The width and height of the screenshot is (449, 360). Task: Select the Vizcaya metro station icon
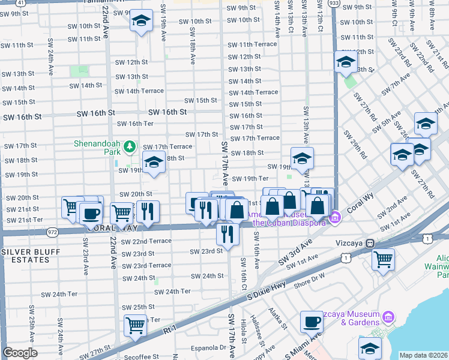pyautogui.click(x=370, y=243)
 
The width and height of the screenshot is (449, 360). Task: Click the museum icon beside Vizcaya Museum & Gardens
pyautogui.click(x=388, y=316)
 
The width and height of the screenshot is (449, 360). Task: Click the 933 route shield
pyautogui.click(x=334, y=4)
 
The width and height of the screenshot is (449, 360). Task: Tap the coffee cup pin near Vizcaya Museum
pyautogui.click(x=312, y=322)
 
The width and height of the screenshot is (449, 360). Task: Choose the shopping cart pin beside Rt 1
pyautogui.click(x=136, y=325)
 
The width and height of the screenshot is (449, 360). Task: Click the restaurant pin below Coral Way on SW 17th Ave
pyautogui.click(x=227, y=233)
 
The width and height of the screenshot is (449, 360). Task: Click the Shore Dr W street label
pyautogui.click(x=309, y=275)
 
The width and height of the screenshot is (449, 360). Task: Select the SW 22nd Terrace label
pyautogui.click(x=146, y=241)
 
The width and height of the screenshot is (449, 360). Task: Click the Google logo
pyautogui.click(x=20, y=353)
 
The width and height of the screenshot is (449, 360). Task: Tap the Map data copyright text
pyautogui.click(x=423, y=355)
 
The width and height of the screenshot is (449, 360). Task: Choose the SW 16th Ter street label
pyautogui.click(x=135, y=124)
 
